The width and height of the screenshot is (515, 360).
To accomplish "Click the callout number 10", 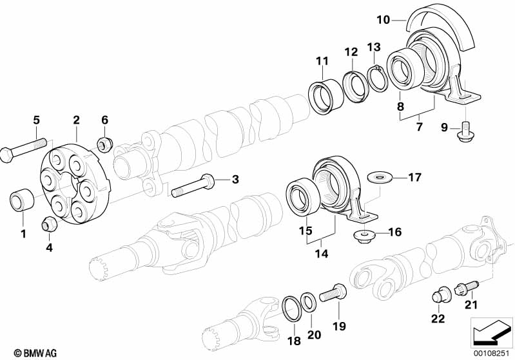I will coord(383,20).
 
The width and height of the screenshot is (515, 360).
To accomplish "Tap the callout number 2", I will coord(76,120).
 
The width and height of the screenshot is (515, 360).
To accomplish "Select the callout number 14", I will coord(321,254).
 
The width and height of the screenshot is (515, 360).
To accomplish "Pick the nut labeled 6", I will coord(101,142).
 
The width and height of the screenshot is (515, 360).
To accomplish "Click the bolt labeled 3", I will coord(194,187).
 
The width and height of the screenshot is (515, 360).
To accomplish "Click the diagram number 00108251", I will coord(493,353).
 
